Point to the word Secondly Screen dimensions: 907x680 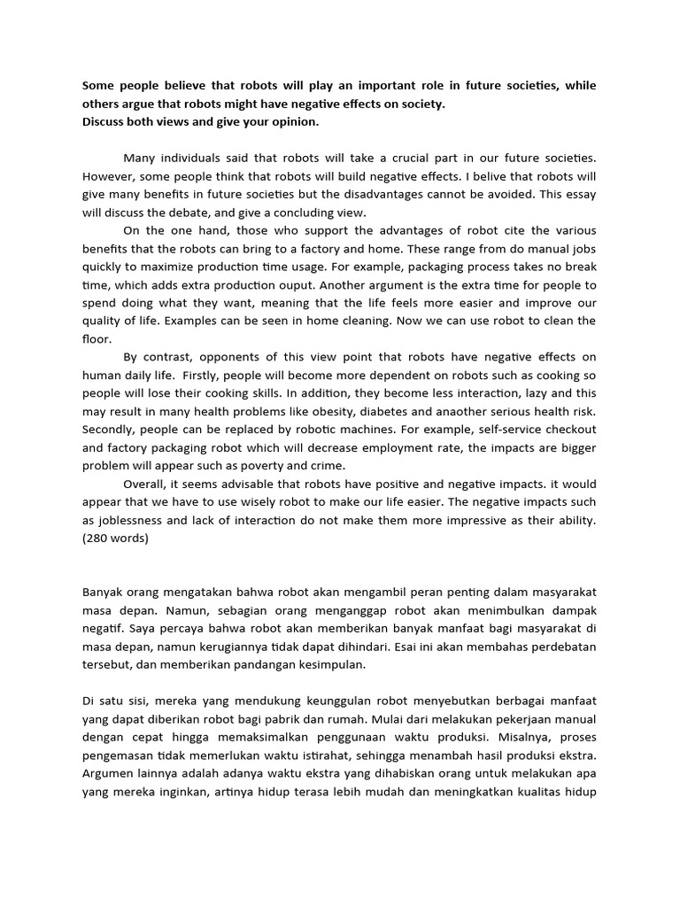pos(113,430)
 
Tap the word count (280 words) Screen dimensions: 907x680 pos(115,538)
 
